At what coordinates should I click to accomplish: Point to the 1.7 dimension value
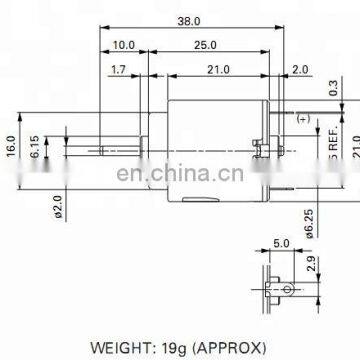coord(117,69)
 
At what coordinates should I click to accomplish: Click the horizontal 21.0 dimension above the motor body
coord(217,69)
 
